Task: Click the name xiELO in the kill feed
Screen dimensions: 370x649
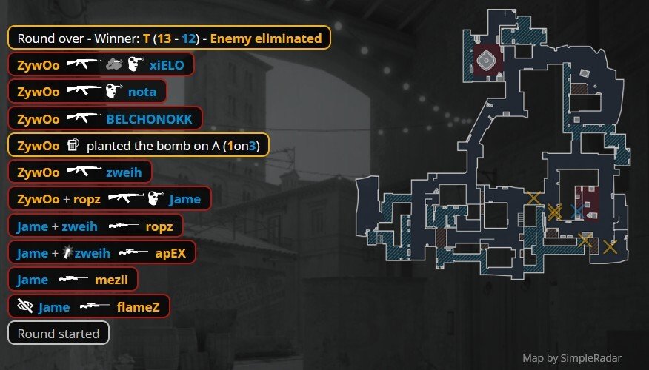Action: [166, 65]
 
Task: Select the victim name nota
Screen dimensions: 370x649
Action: [142, 92]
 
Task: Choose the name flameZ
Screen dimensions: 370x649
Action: [137, 306]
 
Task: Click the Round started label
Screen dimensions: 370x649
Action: [59, 333]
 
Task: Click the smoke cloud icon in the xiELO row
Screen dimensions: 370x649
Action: [113, 65]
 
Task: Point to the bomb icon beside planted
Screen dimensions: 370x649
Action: [73, 145]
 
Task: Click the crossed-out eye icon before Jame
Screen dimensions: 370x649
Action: [25, 306]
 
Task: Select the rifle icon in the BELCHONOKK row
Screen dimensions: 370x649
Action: [83, 118]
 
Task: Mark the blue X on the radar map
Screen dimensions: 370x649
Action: [577, 212]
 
